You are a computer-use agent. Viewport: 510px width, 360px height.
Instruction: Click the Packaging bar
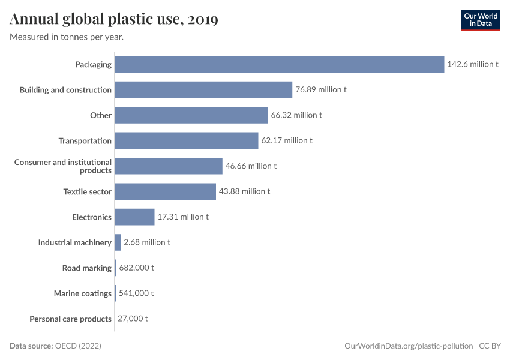(x=279, y=64)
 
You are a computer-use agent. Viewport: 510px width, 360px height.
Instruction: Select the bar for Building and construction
(x=203, y=90)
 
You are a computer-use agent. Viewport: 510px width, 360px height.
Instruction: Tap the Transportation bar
(x=186, y=141)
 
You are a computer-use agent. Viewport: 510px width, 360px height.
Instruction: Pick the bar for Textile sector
(x=165, y=191)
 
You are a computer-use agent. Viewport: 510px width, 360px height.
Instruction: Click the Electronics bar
(x=134, y=217)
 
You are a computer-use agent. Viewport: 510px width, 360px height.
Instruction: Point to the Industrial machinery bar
(x=118, y=242)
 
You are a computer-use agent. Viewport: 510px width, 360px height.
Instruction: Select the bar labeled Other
(x=191, y=115)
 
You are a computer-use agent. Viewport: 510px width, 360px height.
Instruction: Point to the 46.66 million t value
(x=251, y=166)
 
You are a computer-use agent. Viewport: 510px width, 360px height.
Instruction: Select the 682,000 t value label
(x=136, y=268)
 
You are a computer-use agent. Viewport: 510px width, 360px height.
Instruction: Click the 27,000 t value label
(x=133, y=319)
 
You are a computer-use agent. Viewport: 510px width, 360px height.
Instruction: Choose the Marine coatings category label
(x=83, y=293)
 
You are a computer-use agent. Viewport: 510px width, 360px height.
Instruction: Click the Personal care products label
(x=70, y=319)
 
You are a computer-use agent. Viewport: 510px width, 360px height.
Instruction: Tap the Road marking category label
(x=87, y=268)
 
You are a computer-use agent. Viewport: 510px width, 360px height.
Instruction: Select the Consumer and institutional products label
(x=63, y=166)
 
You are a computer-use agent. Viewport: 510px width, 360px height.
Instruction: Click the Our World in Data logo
(x=480, y=20)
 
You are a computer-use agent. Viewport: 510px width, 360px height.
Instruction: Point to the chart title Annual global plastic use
(x=114, y=20)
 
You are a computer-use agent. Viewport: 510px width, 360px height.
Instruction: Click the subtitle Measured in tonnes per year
(x=67, y=37)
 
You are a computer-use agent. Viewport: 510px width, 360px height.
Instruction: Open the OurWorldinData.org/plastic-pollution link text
(x=409, y=346)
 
